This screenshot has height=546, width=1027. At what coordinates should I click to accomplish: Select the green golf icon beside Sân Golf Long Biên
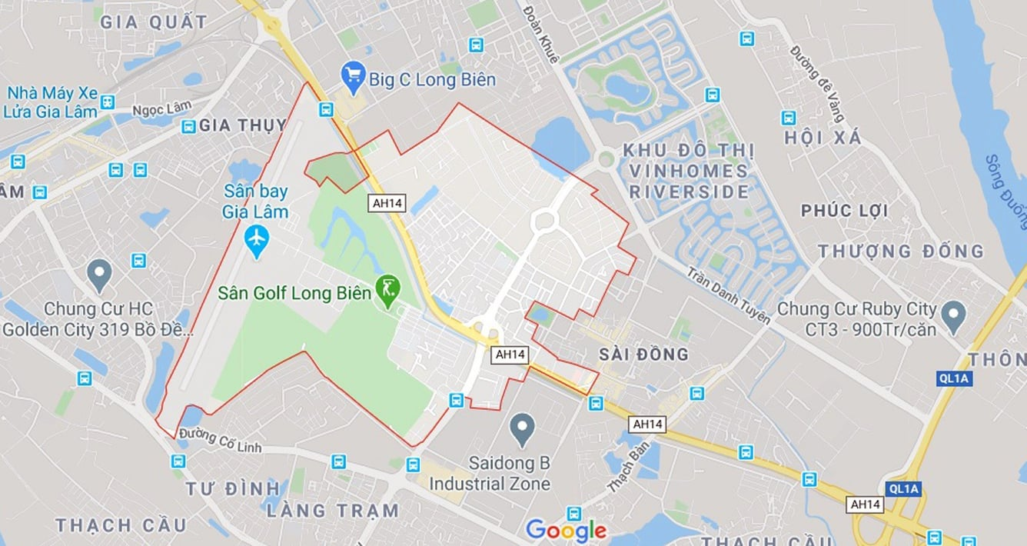click(389, 291)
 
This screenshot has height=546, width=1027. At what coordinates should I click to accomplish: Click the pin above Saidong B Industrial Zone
click(523, 428)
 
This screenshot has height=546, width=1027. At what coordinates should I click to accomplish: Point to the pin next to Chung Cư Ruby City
click(954, 316)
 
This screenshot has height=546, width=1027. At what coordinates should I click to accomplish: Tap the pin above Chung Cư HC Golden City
click(98, 274)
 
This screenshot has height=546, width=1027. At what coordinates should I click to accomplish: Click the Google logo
click(566, 530)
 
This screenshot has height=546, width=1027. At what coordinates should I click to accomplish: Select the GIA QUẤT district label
click(154, 22)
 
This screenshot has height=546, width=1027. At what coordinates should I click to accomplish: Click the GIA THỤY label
click(242, 125)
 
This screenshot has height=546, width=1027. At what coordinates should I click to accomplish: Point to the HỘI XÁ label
click(823, 138)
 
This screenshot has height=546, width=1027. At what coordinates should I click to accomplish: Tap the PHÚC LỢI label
click(844, 211)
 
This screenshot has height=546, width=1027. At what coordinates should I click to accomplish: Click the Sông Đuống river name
click(1006, 191)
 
